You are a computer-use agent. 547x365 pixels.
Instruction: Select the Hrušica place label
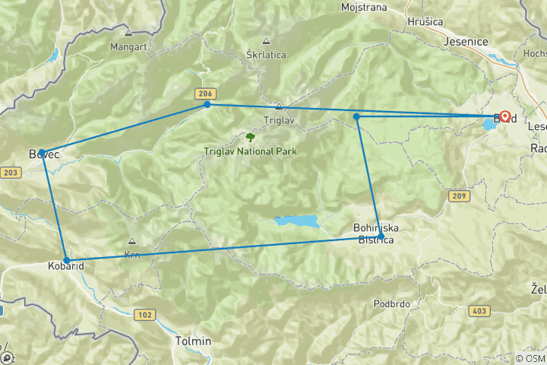click(x=425, y=22)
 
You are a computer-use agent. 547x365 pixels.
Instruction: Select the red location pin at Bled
click(x=505, y=117)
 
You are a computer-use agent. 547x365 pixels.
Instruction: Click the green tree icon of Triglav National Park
click(x=250, y=138)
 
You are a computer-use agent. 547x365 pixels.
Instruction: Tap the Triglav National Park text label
click(x=250, y=151)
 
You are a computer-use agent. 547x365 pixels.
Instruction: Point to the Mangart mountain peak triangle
click(x=128, y=33)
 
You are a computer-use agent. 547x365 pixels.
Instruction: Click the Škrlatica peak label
click(x=264, y=55)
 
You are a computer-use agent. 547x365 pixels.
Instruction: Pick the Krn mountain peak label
click(x=131, y=254)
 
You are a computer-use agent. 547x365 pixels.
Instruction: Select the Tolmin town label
click(x=193, y=341)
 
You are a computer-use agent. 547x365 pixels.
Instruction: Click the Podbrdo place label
click(x=393, y=303)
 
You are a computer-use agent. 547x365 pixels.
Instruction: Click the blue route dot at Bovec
click(x=43, y=152)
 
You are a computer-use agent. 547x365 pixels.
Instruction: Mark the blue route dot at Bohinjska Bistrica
click(x=381, y=236)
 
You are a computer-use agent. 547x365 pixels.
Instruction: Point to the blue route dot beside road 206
click(x=207, y=104)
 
